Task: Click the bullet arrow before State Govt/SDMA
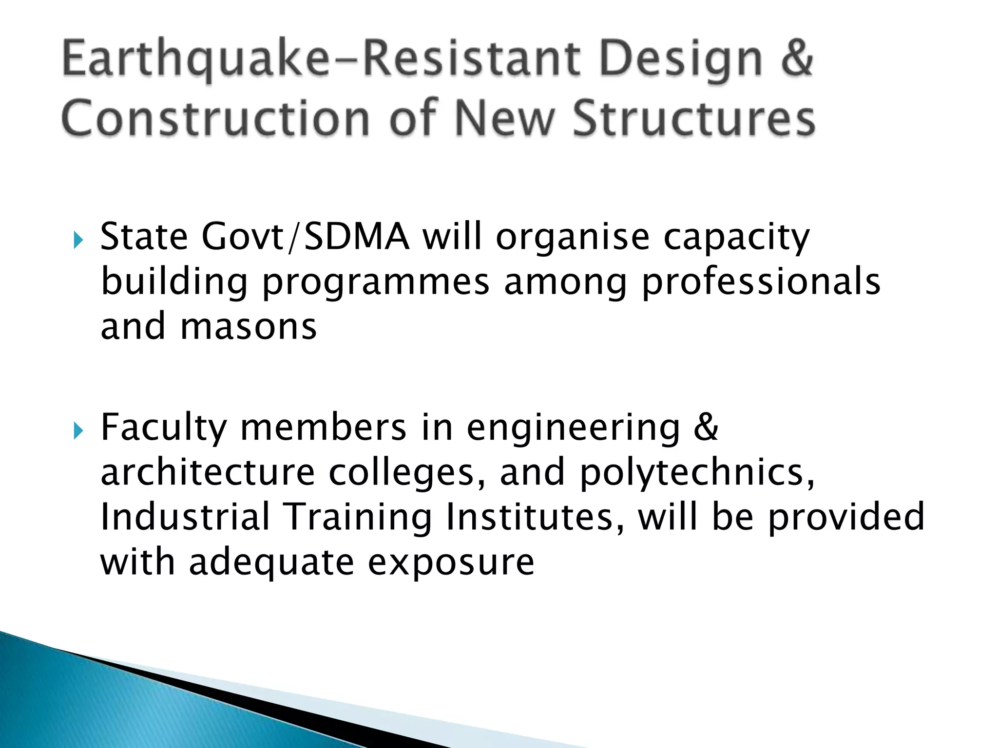coord(78,240)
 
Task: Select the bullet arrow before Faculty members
coord(78,430)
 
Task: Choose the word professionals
coord(761,282)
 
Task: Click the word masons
coord(249,327)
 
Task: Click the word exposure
coord(451,563)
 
